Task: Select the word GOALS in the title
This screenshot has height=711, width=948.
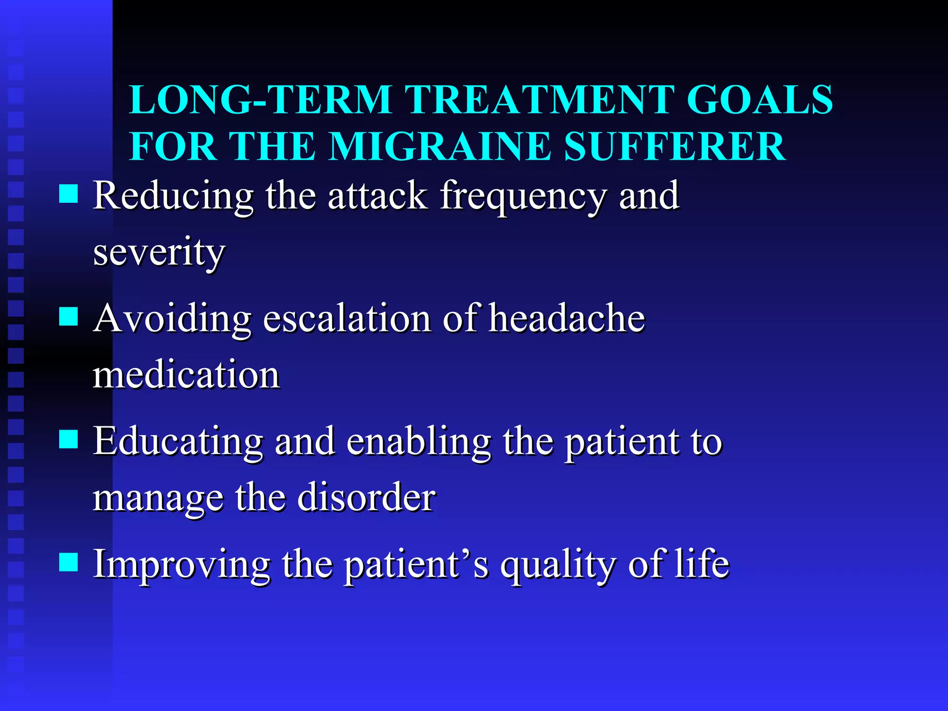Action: click(760, 100)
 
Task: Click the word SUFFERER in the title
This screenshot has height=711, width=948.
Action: click(674, 147)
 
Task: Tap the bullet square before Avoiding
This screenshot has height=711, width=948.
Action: click(69, 317)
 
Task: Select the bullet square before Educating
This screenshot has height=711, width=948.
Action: click(69, 439)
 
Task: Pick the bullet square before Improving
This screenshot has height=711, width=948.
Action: click(69, 562)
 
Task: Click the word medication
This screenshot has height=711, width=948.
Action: click(186, 375)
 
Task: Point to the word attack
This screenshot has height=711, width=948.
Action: click(377, 196)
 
